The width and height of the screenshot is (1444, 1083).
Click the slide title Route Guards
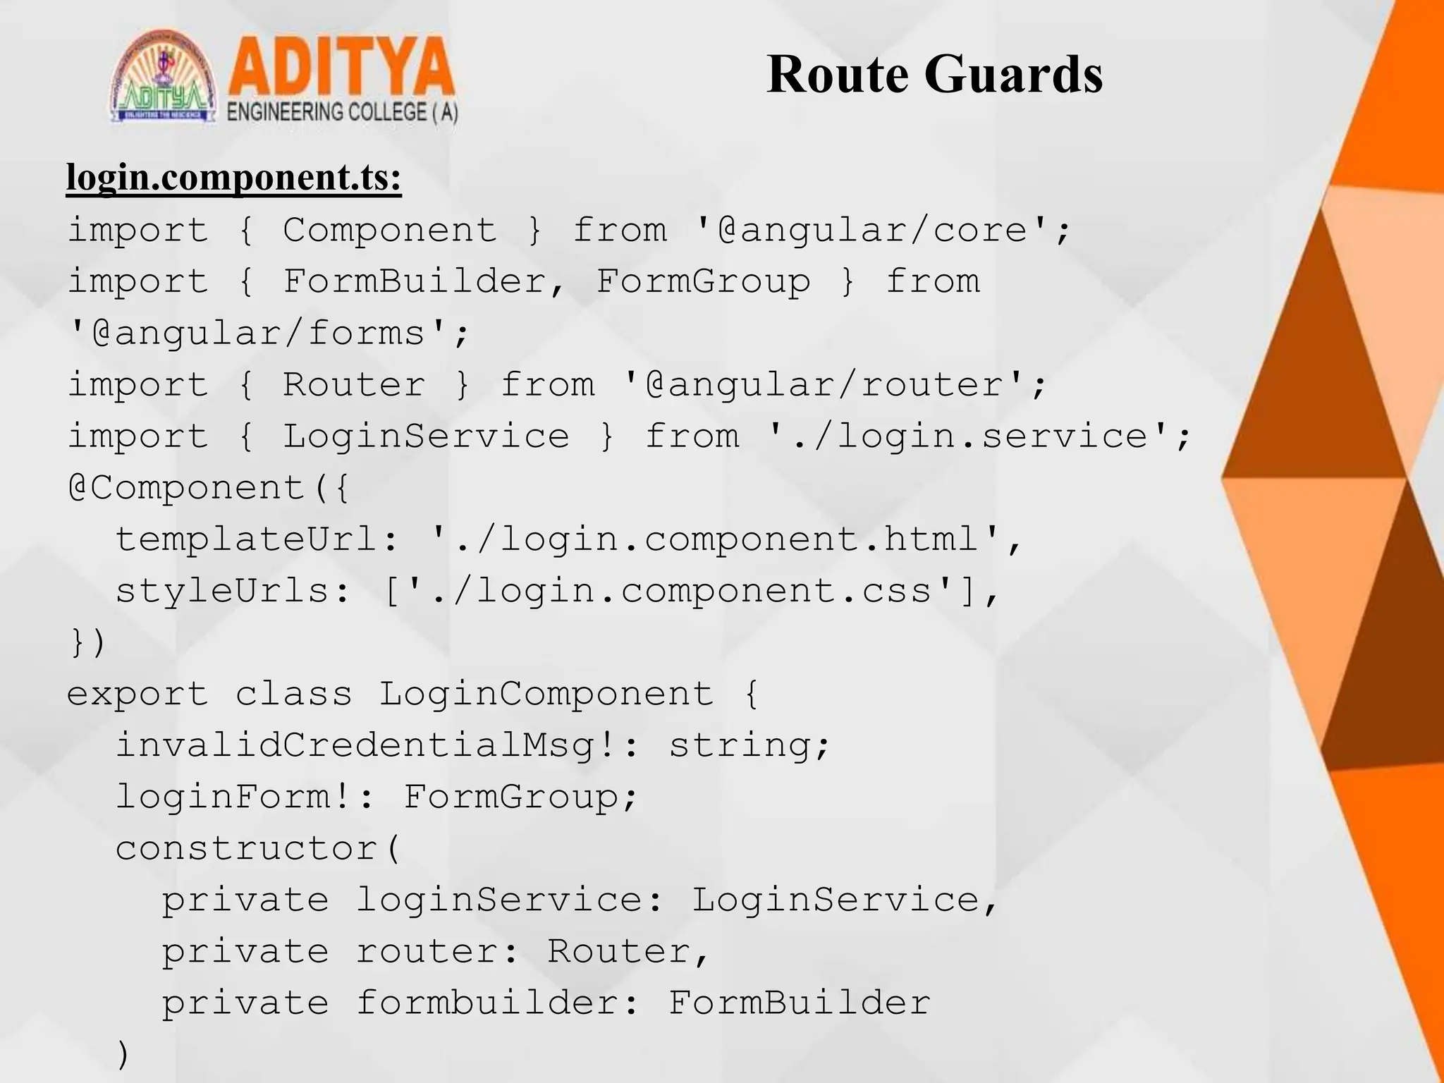(934, 75)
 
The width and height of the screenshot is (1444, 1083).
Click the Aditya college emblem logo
(164, 78)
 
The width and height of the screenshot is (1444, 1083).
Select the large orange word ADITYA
(341, 69)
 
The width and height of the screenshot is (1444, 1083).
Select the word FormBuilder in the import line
(414, 282)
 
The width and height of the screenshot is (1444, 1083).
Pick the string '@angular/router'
(824, 385)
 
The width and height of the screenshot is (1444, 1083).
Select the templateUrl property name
(247, 539)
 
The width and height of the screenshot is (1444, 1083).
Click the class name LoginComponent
(546, 694)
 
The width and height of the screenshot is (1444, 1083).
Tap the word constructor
(247, 848)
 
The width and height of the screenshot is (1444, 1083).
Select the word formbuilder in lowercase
(487, 1003)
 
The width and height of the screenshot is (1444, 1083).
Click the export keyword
(138, 694)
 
